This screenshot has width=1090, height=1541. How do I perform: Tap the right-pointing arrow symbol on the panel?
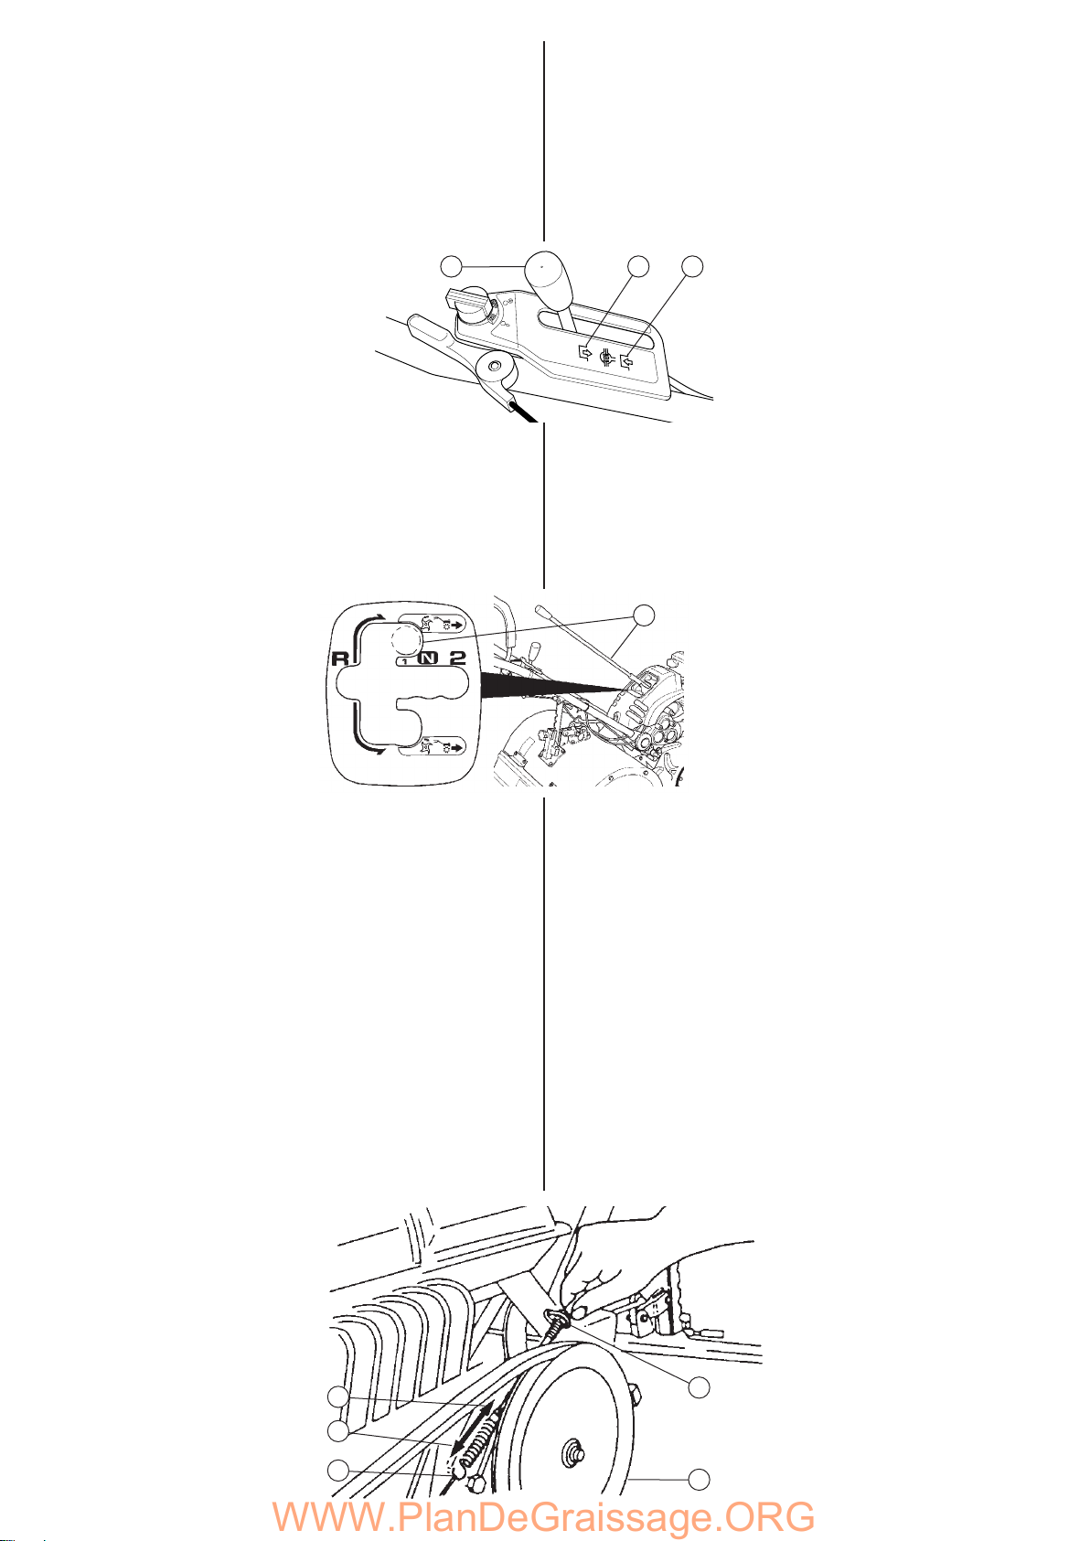point(584,352)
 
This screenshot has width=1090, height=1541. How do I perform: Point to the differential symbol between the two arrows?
point(606,357)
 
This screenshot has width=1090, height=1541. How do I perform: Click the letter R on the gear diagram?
point(340,658)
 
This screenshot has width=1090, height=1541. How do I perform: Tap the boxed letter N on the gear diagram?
point(428,658)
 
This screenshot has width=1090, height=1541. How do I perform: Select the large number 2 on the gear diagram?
point(456,658)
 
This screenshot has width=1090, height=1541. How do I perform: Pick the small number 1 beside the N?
point(406,661)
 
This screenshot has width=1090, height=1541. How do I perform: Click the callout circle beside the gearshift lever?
point(644,615)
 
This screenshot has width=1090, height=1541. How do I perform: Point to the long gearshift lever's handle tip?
point(539,608)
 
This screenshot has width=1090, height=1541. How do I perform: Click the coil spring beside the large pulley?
point(475,1438)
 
